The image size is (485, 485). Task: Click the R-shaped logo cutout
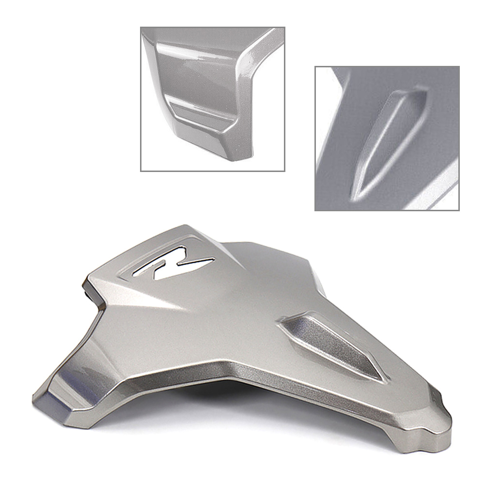coord(173,263)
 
